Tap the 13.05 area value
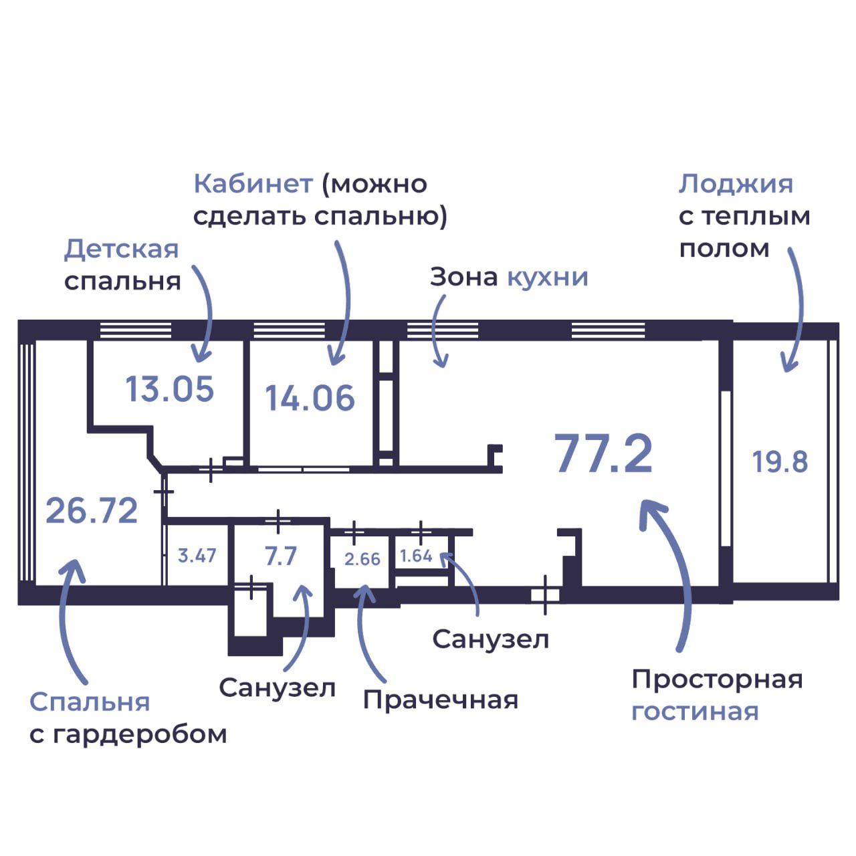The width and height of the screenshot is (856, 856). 170,389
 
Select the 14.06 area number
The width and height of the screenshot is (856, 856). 310,398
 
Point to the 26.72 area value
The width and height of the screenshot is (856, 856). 92,511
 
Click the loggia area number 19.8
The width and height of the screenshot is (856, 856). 780,462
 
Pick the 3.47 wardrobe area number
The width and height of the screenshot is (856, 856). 197,555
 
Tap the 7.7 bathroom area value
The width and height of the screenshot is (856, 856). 280,556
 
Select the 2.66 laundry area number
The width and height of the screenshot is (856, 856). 362,558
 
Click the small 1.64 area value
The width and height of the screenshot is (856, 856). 416,556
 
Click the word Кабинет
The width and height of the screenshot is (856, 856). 253,184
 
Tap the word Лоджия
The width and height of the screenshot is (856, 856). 736,184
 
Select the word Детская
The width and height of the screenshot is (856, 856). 122,249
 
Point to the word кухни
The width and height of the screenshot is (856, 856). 548,277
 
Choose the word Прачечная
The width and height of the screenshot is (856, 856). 440,700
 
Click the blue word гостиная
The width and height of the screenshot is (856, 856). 695,712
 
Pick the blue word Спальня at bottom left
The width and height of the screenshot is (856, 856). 90,702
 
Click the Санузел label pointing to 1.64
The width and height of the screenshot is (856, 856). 490,639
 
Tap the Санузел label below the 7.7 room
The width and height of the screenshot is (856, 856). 277,687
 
